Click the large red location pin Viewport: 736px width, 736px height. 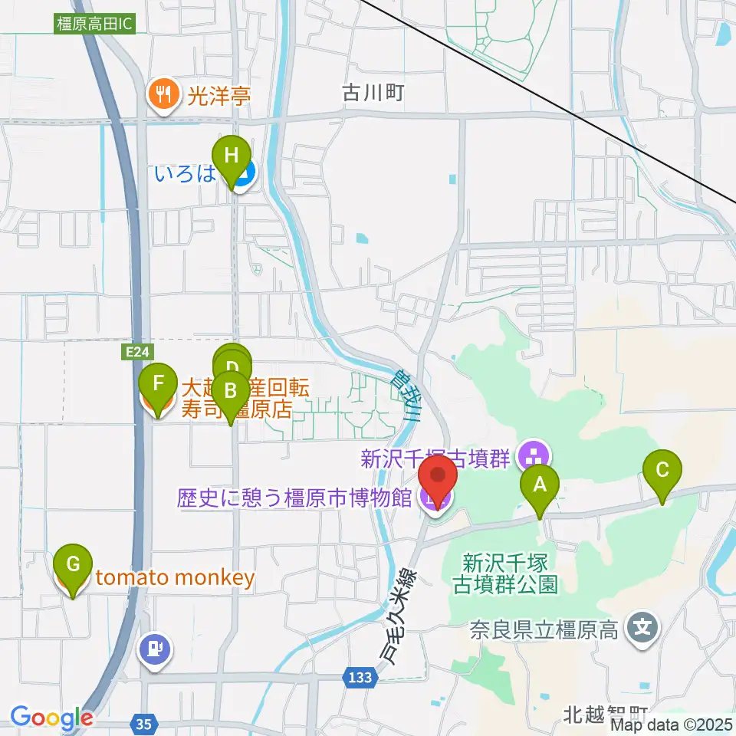[x=438, y=481]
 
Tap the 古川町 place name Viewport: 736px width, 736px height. [x=373, y=94]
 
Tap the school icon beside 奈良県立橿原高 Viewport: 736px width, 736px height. [x=641, y=630]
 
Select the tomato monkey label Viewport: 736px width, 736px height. [x=174, y=578]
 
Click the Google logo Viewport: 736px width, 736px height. [x=51, y=718]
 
